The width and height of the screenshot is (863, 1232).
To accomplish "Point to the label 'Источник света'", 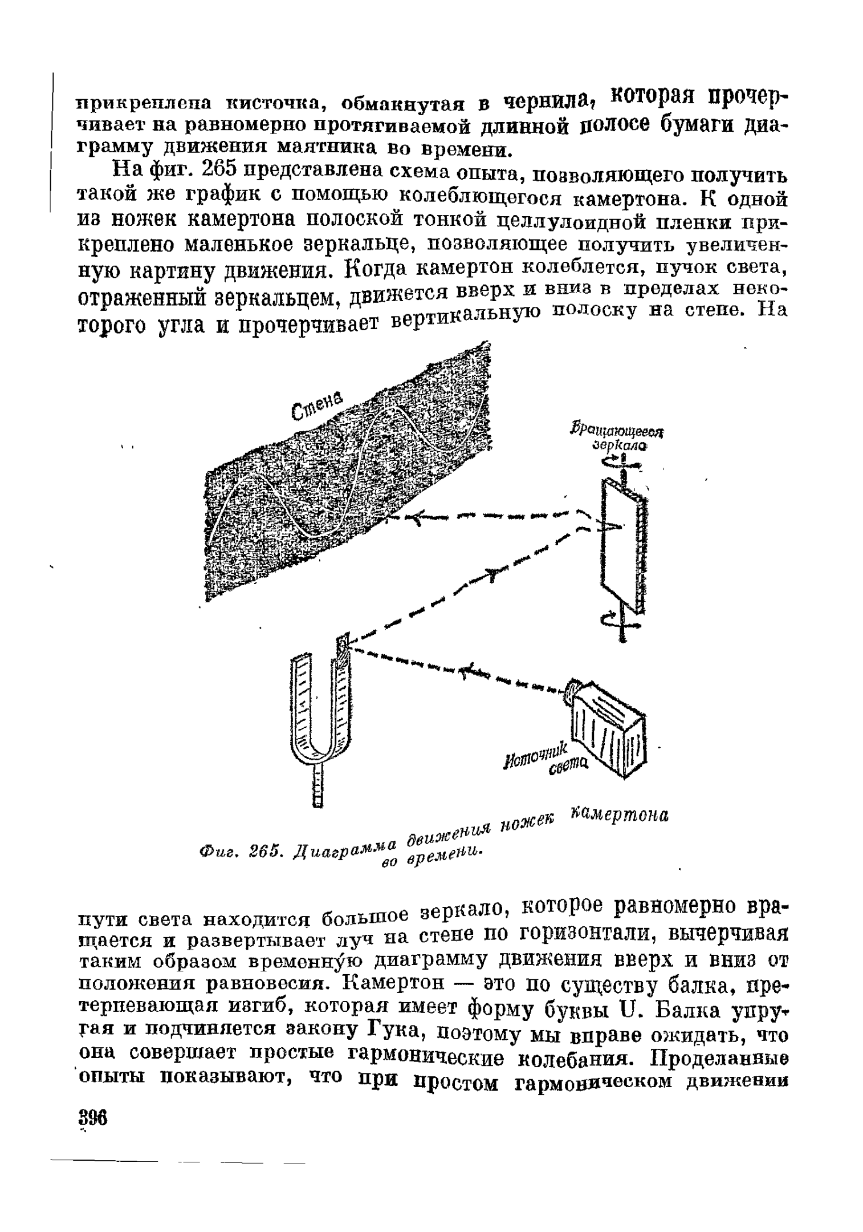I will pos(551,760).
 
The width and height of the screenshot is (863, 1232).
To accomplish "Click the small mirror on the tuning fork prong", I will pos(342,645).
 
